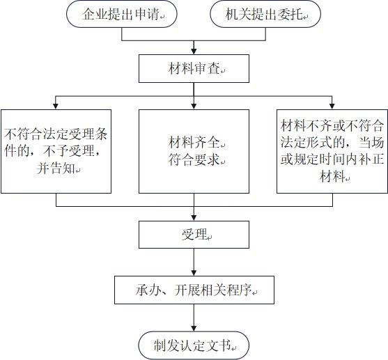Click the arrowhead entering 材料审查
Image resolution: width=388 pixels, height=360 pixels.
click(194, 52)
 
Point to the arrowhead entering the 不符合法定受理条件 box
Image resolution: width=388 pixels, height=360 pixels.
click(56, 106)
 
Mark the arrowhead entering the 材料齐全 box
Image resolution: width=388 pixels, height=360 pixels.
click(194, 106)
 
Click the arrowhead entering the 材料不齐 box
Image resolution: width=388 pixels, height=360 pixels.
click(332, 106)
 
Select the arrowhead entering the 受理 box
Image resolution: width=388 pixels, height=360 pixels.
click(194, 218)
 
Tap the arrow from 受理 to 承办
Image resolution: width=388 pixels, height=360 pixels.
click(194, 263)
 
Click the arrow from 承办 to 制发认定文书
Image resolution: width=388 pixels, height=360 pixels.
click(194, 318)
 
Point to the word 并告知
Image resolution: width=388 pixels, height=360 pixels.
click(56, 169)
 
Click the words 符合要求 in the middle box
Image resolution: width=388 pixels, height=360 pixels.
click(194, 159)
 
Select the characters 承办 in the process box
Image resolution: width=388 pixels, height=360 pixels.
click(148, 290)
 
